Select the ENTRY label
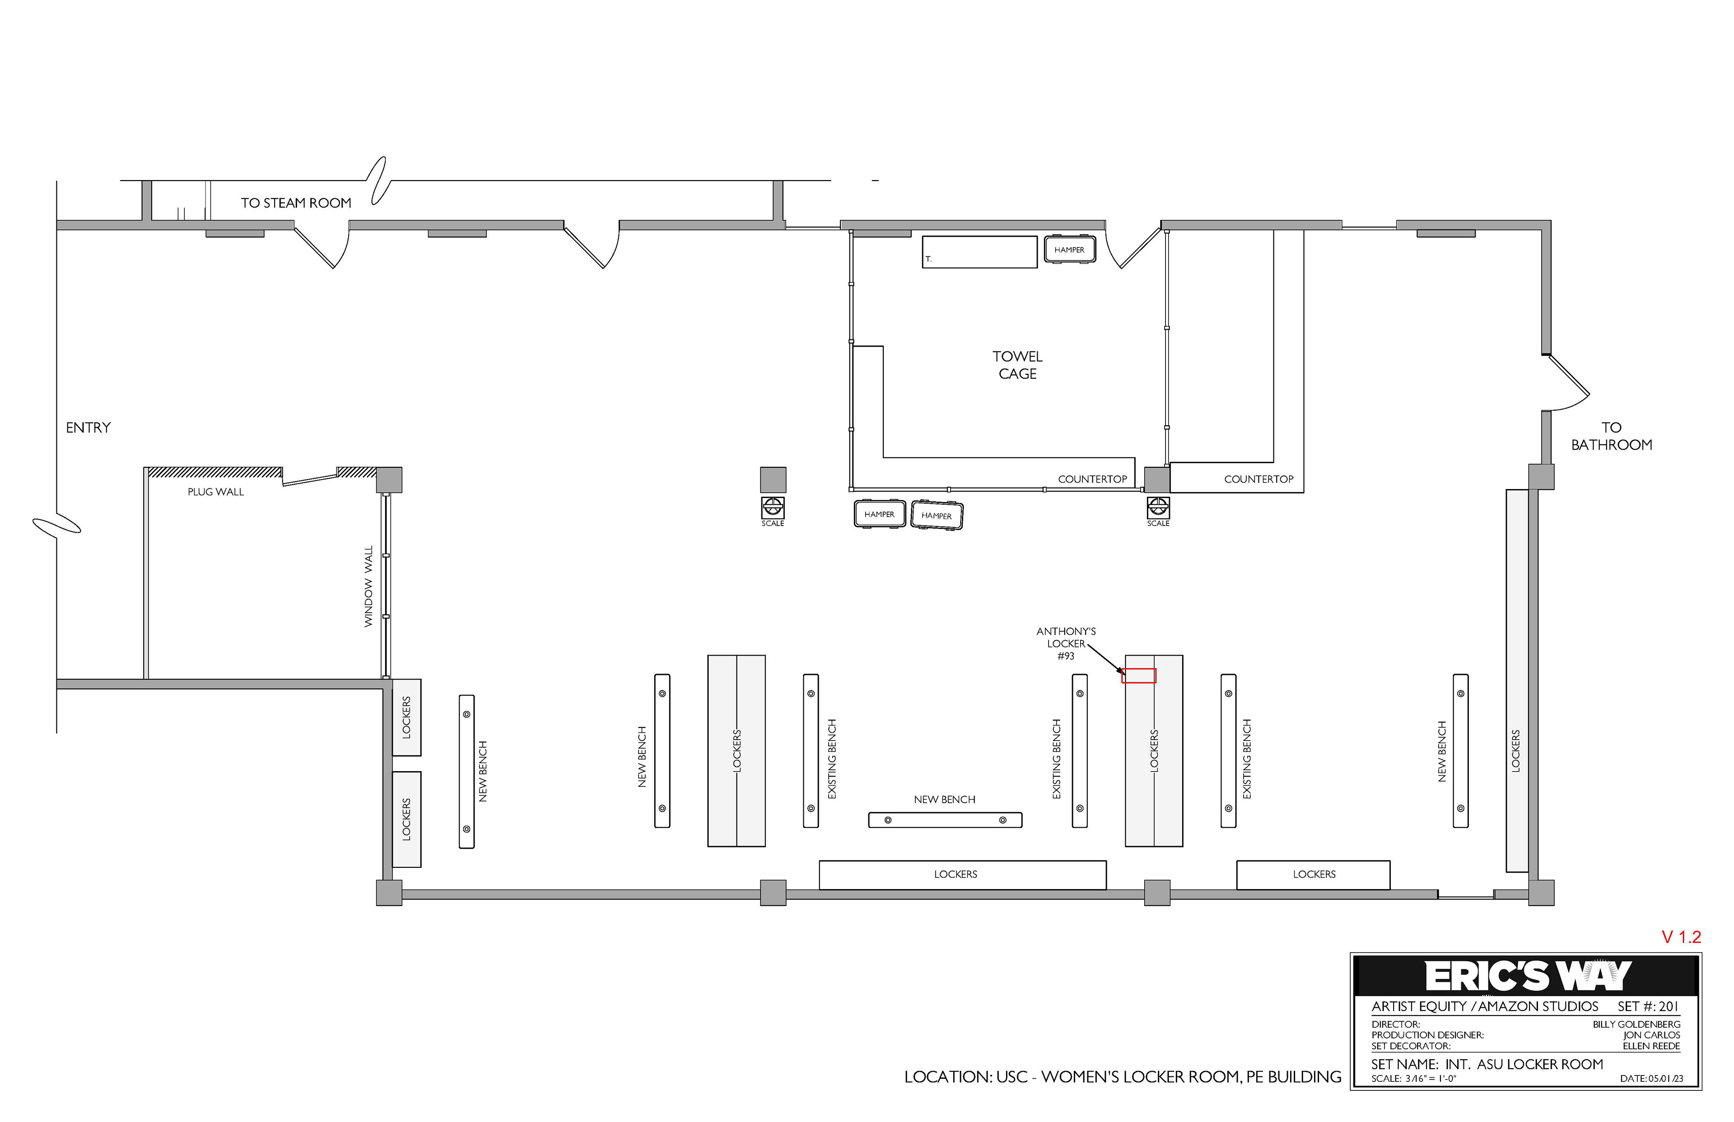[x=88, y=428]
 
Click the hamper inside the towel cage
[x=1070, y=249]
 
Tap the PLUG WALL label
[x=216, y=492]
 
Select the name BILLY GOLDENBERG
[x=1636, y=1024]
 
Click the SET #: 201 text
[x=1648, y=1007]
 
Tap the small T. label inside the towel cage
[x=928, y=259]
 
